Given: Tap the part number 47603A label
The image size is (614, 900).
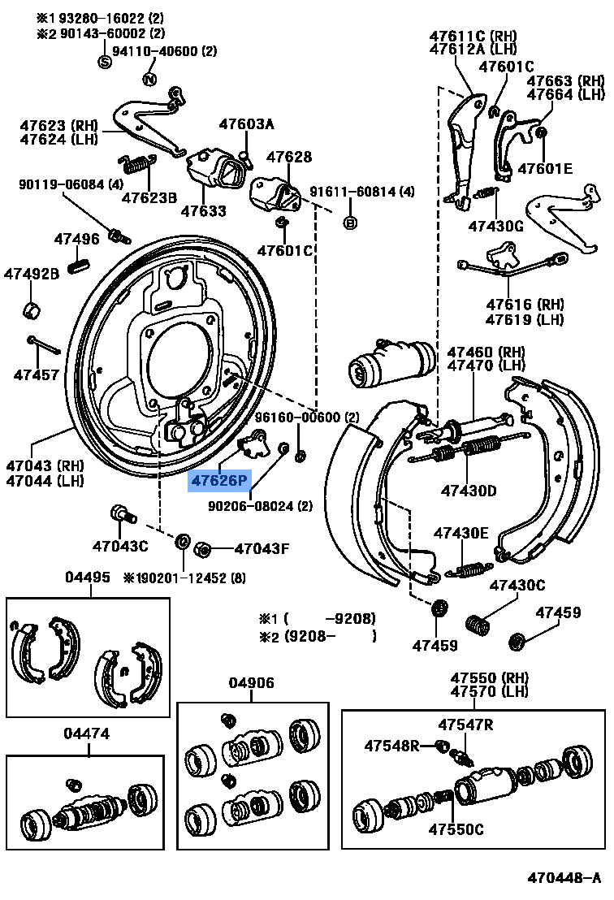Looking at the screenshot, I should pyautogui.click(x=246, y=124).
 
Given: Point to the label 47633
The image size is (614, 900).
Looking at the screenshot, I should pyautogui.click(x=203, y=211).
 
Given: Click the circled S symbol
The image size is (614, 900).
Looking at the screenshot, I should pyautogui.click(x=104, y=62).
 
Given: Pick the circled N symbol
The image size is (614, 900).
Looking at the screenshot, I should pyautogui.click(x=149, y=79).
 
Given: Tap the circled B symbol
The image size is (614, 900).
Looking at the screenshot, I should pyautogui.click(x=350, y=222).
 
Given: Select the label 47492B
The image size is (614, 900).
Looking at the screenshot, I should pyautogui.click(x=32, y=275).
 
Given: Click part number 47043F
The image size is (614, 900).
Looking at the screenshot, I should pyautogui.click(x=262, y=548).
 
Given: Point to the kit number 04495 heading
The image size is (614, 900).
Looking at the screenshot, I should pyautogui.click(x=87, y=577).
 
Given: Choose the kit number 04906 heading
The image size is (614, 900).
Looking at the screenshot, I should pyautogui.click(x=252, y=683).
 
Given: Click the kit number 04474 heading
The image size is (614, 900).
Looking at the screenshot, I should pyautogui.click(x=87, y=733).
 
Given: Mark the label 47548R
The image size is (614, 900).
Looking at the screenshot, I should pyautogui.click(x=391, y=745).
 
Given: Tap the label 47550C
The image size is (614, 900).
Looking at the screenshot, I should pyautogui.click(x=456, y=829).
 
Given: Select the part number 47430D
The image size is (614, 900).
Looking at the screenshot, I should pyautogui.click(x=469, y=490).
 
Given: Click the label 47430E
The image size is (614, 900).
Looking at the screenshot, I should pyautogui.click(x=460, y=533).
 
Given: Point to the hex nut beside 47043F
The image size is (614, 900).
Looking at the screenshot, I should pyautogui.click(x=205, y=550).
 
